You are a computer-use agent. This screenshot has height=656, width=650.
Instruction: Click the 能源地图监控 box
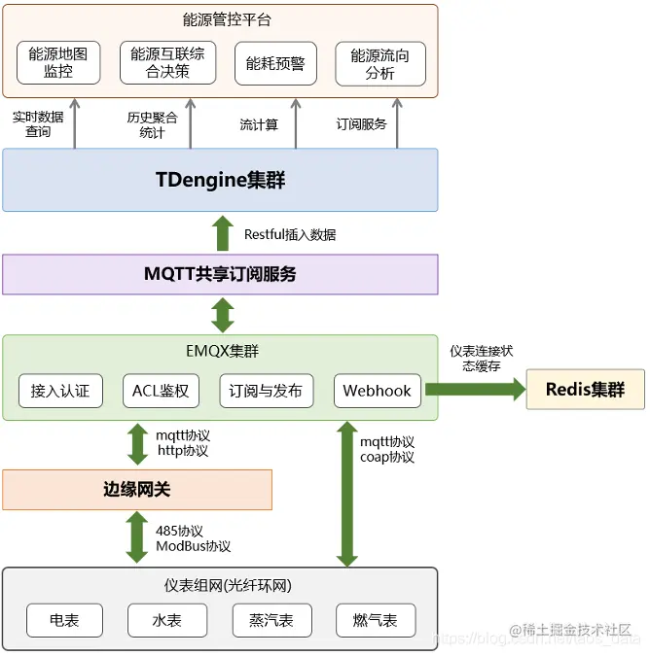(58, 63)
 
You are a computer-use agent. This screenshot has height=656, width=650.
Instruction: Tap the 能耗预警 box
(274, 63)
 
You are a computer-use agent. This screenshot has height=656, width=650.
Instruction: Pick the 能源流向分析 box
(379, 63)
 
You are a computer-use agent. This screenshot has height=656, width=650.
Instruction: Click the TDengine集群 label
(221, 180)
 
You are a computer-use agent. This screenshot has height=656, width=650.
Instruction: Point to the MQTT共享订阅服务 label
(220, 274)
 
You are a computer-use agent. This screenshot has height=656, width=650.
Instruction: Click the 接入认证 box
(60, 391)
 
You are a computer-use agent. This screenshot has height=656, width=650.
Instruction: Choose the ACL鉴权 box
(161, 391)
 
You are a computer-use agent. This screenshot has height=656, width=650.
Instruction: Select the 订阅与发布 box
(265, 391)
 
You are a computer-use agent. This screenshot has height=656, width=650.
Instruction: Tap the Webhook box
(377, 391)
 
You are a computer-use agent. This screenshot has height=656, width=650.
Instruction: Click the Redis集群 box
(585, 390)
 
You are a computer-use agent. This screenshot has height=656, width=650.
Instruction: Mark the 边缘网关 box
(137, 490)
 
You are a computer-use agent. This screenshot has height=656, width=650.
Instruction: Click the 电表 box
(64, 620)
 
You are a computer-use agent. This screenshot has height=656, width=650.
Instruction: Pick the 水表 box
(167, 620)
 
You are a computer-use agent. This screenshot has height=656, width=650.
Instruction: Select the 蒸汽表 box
(271, 620)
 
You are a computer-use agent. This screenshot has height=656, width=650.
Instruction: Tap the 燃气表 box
(375, 620)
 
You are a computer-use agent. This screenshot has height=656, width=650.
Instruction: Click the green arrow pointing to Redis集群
(474, 390)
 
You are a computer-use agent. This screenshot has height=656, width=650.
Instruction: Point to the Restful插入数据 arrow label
(290, 234)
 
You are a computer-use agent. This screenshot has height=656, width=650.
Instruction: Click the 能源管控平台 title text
(221, 19)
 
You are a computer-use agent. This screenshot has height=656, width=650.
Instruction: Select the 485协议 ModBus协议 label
(193, 538)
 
